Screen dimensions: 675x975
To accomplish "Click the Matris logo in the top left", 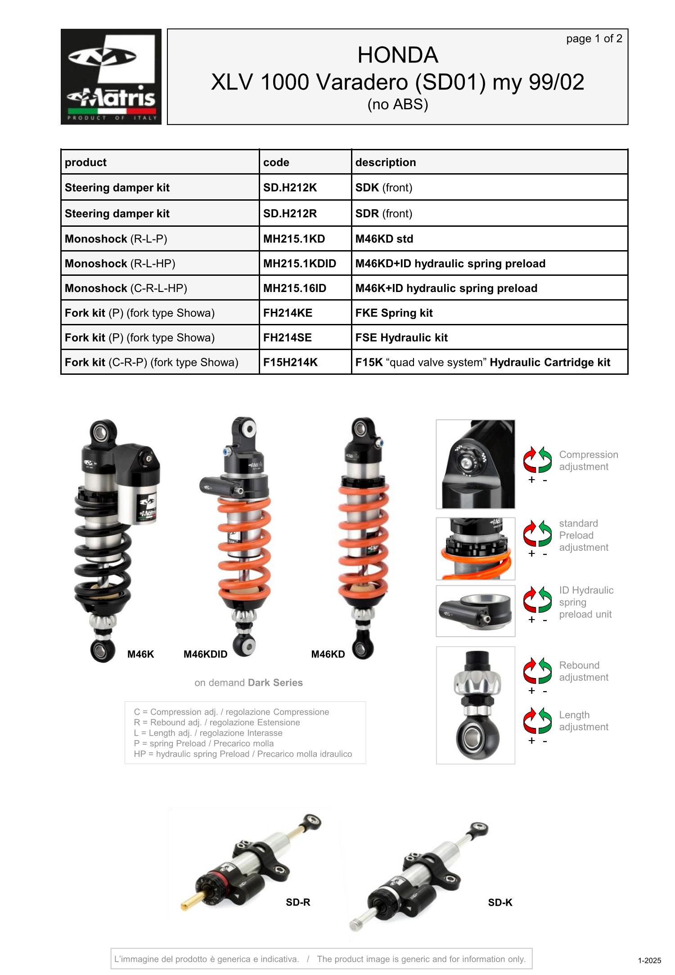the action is pyautogui.click(x=111, y=76).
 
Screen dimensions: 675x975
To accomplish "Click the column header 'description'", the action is pyautogui.click(x=386, y=162).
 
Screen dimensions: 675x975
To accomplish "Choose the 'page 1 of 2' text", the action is pyautogui.click(x=594, y=39).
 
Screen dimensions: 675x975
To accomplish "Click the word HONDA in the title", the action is pyautogui.click(x=398, y=55).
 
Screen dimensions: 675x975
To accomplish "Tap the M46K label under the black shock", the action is pyautogui.click(x=140, y=654).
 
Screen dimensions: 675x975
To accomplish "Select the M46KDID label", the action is pyautogui.click(x=205, y=654).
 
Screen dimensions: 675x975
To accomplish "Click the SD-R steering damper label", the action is pyautogui.click(x=298, y=902).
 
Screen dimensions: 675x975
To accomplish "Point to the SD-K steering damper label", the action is pyautogui.click(x=500, y=902).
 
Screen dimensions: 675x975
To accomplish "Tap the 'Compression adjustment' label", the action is pyautogui.click(x=589, y=461).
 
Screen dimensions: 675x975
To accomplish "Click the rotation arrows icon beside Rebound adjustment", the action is pyautogui.click(x=537, y=671).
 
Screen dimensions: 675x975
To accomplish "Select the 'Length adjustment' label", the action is pyautogui.click(x=584, y=721).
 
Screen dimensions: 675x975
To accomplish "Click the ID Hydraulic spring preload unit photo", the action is pyautogui.click(x=476, y=611).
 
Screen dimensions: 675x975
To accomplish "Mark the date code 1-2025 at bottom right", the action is pyautogui.click(x=649, y=961).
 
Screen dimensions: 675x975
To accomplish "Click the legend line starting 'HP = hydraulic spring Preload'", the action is pyautogui.click(x=243, y=754).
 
